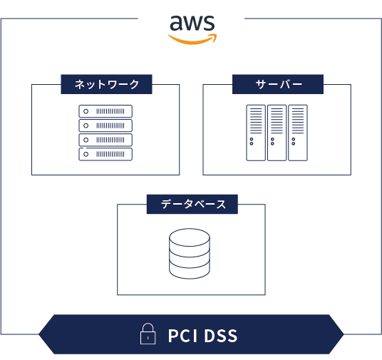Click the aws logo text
192,23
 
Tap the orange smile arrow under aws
192,41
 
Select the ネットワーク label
107,84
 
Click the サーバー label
279,84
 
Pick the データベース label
193,205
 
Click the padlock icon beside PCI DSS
148,334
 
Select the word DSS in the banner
221,336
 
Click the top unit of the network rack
105,111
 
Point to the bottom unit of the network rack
105,154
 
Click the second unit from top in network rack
105,125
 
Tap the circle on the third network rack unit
86,140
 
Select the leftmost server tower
256,133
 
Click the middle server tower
277,133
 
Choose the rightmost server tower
298,133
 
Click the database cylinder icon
190,254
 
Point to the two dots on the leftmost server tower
252,141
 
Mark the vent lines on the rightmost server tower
298,121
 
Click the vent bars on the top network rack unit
110,111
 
